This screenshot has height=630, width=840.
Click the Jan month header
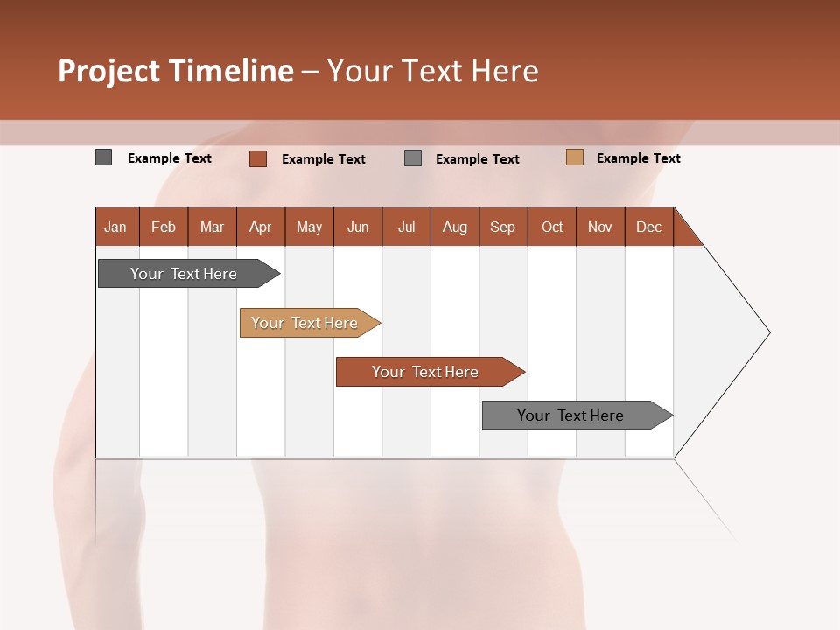click(116, 227)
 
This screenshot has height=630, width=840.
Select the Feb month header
click(164, 227)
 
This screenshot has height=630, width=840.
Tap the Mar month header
click(212, 227)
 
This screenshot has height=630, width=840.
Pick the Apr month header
click(261, 227)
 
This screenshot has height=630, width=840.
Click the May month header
click(309, 227)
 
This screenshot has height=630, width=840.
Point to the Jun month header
click(358, 227)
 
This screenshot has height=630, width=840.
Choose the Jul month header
click(406, 227)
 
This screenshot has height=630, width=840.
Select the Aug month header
click(455, 227)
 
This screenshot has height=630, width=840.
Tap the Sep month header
click(503, 227)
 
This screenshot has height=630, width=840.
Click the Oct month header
click(552, 227)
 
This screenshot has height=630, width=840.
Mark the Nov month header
click(600, 227)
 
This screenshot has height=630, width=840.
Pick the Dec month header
click(649, 227)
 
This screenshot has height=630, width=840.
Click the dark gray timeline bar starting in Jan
click(185, 274)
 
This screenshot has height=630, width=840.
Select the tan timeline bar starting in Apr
click(305, 323)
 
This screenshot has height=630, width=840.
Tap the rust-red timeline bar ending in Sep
click(426, 372)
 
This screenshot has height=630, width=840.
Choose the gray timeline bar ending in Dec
click(571, 416)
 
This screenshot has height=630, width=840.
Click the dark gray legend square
click(104, 157)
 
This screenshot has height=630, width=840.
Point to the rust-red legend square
click(258, 158)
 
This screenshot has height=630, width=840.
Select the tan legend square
click(575, 157)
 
